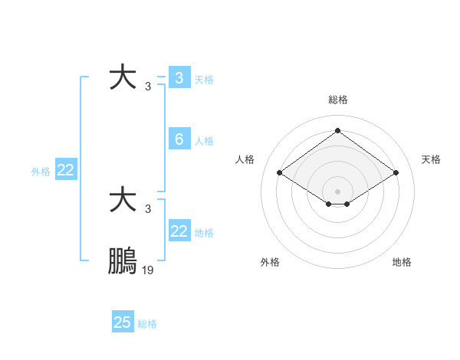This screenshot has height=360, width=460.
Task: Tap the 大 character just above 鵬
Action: click(x=123, y=201)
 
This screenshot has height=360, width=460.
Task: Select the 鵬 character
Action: click(x=123, y=262)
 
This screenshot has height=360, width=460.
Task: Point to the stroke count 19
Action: click(x=148, y=270)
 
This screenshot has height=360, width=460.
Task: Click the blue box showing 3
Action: click(x=179, y=78)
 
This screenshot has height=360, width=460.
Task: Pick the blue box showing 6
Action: click(x=179, y=139)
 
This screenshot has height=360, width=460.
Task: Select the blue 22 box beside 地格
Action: click(x=179, y=231)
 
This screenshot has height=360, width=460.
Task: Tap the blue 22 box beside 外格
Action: click(x=65, y=171)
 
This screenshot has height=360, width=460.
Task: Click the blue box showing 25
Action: click(x=123, y=322)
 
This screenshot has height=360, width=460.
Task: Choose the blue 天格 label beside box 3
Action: click(x=204, y=79)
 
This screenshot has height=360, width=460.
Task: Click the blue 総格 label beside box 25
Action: click(x=147, y=323)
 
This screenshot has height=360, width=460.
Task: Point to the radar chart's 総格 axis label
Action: click(x=337, y=100)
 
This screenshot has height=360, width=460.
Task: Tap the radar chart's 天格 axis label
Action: click(x=431, y=159)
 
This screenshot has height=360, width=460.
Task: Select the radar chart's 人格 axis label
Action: click(x=245, y=159)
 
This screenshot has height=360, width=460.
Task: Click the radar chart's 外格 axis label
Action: click(x=270, y=262)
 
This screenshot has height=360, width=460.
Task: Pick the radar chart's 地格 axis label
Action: click(x=402, y=262)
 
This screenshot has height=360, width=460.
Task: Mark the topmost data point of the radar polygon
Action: click(x=337, y=130)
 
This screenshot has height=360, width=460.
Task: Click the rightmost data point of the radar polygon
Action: click(x=396, y=173)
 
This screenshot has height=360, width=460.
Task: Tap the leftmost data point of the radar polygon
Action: click(x=279, y=173)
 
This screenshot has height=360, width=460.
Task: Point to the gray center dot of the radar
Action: click(x=337, y=190)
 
